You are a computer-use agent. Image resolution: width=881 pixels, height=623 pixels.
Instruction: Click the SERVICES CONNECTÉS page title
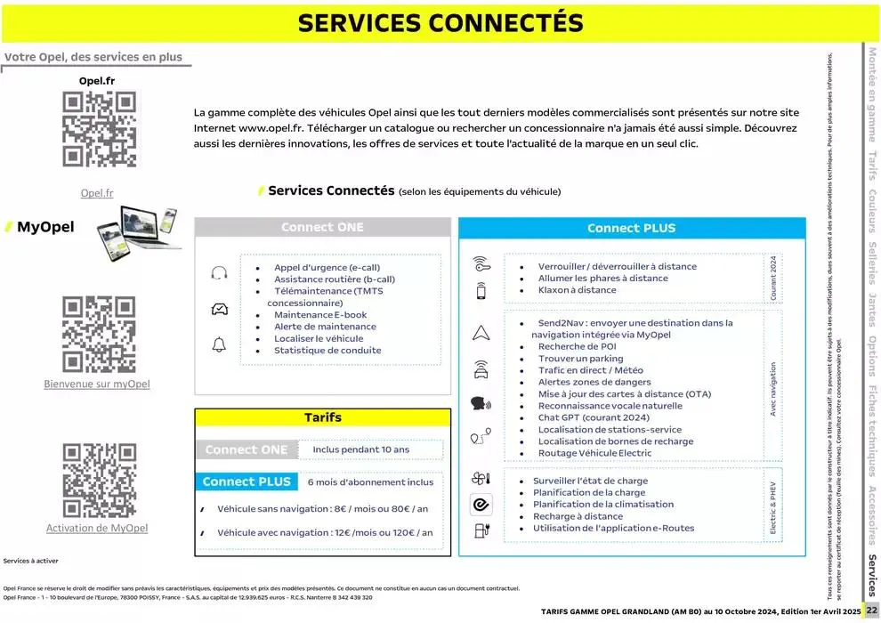(x=440, y=23)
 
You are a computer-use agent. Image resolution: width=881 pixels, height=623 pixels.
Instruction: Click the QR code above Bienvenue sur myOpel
(x=98, y=334)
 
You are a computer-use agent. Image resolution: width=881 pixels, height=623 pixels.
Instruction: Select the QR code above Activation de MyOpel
(x=98, y=481)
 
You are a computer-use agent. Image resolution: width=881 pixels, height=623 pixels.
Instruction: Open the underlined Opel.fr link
(x=97, y=192)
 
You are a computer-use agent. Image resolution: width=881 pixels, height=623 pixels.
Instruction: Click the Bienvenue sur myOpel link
(x=97, y=384)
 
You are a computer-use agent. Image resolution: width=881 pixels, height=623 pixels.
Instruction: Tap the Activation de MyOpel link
(x=97, y=528)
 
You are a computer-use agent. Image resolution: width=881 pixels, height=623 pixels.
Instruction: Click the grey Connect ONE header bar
(x=322, y=227)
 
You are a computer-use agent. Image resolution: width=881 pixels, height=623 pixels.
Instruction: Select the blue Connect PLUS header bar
(x=631, y=228)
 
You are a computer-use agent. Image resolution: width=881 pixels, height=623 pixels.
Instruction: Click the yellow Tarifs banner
(x=322, y=417)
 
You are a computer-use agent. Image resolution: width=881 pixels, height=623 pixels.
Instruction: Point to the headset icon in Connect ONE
(x=219, y=273)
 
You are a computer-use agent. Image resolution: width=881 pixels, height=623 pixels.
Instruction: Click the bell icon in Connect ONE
(x=219, y=344)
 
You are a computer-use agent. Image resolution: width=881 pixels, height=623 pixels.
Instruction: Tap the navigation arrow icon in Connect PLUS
(x=481, y=333)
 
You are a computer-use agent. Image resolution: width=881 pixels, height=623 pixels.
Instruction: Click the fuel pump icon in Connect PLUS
(x=481, y=530)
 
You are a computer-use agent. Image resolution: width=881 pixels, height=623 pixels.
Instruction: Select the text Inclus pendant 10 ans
(x=361, y=449)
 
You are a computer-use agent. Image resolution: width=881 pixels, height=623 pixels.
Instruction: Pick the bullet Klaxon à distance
(x=577, y=290)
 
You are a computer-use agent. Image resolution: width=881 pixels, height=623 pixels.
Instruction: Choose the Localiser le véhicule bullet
(x=319, y=338)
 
